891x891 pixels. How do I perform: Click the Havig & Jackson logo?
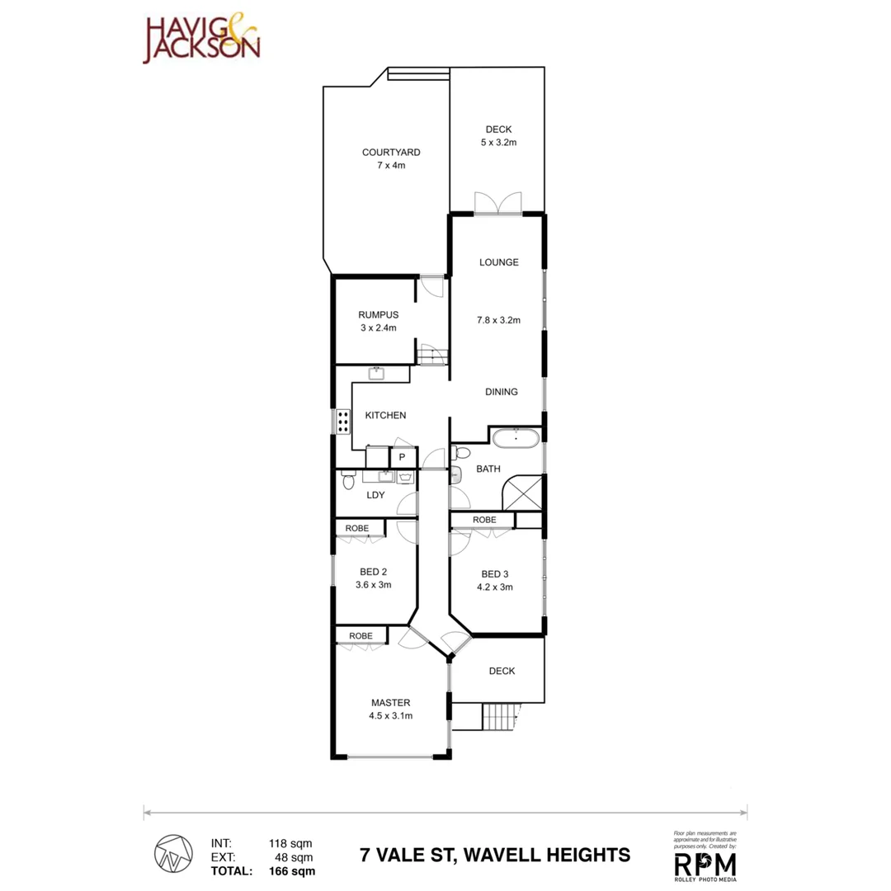click(x=202, y=39)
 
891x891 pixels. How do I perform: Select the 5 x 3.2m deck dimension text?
click(x=498, y=143)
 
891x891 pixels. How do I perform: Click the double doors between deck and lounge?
click(x=498, y=203)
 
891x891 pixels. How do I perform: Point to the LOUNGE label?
click(x=499, y=262)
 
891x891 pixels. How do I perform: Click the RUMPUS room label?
click(x=379, y=314)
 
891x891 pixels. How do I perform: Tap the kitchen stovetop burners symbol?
click(x=342, y=422)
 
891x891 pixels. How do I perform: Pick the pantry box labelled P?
click(x=402, y=457)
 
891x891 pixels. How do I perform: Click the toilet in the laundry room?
click(x=348, y=479)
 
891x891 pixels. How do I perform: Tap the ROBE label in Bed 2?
click(x=356, y=528)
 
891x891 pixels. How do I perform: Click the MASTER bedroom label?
click(x=390, y=703)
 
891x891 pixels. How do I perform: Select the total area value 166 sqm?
click(x=290, y=870)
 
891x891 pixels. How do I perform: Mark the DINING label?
click(x=500, y=392)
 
